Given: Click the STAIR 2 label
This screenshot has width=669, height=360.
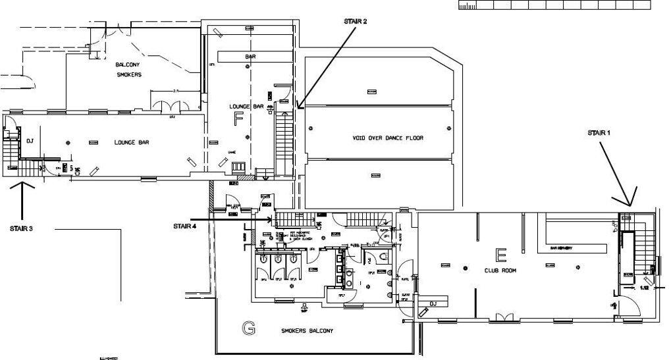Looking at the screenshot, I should tap(355, 21).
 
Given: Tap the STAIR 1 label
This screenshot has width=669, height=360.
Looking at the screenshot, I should tap(599, 132).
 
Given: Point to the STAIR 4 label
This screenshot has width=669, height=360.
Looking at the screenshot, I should tap(184, 226).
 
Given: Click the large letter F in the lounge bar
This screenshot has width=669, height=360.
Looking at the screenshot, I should tap(238, 118).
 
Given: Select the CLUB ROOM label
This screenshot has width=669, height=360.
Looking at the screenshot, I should tap(500, 270).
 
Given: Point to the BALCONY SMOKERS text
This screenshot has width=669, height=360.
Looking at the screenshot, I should tap(128, 70).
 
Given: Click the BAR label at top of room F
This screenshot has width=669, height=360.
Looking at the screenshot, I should tap(250, 57).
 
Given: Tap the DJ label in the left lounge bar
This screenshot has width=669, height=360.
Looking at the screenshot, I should tap(30, 141).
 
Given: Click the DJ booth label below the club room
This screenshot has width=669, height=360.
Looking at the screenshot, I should tap(433, 303).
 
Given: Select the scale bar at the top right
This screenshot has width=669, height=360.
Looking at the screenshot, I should tap(554, 5).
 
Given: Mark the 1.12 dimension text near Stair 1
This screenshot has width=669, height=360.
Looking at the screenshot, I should tap(645, 288).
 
